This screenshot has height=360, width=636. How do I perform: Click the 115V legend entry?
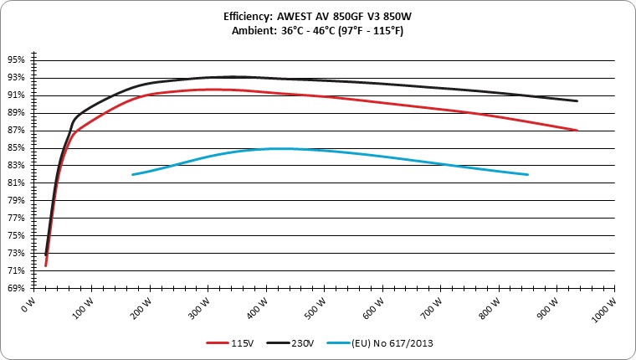[x=230, y=343]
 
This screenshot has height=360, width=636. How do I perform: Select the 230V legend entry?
[x=290, y=343]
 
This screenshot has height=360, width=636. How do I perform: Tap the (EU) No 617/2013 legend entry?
[x=380, y=343]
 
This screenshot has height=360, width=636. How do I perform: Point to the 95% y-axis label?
[x=16, y=60]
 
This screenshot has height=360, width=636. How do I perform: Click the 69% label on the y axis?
[x=16, y=288]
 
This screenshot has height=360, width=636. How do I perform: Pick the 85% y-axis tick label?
[x=16, y=148]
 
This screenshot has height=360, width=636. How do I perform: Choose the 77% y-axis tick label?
[x=16, y=219]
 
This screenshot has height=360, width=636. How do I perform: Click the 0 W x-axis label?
[x=28, y=306]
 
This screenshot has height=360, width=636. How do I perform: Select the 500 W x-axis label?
[x=316, y=308]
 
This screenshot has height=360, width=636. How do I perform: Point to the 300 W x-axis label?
[x=200, y=308]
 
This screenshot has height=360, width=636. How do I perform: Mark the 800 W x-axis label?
[x=490, y=308]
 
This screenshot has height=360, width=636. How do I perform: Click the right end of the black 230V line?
[x=577, y=101]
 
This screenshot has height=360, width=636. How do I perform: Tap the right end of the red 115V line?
[x=577, y=131]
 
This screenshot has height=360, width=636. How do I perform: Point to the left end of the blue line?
[x=133, y=174]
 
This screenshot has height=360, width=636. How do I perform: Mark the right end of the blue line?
[x=527, y=174]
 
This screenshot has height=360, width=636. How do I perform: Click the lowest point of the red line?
[x=46, y=266]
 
